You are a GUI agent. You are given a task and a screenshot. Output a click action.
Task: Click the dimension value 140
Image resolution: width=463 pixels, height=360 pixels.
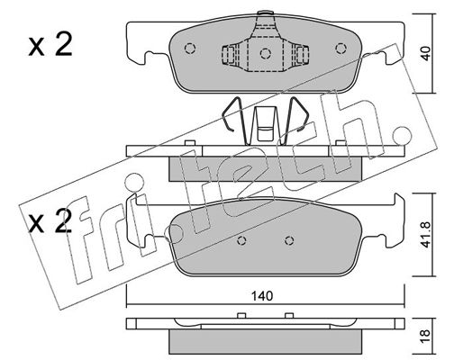tap(262, 296)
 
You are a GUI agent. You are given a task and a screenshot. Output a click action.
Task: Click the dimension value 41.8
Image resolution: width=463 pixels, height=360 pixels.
tap(426, 235)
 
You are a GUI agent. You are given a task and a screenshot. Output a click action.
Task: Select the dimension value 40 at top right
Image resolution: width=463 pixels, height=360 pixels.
tap(426, 53)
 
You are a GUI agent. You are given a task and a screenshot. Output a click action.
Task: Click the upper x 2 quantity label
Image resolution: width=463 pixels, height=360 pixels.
tap(50, 45)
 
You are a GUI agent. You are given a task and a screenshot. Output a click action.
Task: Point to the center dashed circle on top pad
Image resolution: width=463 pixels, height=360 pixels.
tap(266, 53)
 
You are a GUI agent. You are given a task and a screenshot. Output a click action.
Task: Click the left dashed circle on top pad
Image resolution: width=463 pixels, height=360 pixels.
tap(190, 49)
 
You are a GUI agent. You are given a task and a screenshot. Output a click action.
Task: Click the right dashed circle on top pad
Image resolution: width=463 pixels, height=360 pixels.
tap(340, 49)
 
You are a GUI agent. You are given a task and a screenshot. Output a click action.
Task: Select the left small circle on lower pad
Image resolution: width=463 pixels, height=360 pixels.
tap(241, 240)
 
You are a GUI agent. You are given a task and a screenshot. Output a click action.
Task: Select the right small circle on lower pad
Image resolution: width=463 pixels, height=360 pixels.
tap(289, 240)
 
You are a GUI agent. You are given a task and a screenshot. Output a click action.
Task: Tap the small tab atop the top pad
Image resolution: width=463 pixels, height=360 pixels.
tap(266, 13)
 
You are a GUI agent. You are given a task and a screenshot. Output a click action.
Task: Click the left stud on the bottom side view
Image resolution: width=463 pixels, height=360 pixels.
tap(241, 315)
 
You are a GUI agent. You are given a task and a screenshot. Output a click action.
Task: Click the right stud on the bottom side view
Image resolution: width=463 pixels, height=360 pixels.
tap(289, 315)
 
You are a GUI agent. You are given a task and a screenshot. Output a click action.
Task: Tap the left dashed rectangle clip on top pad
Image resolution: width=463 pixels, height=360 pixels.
tap(229, 55)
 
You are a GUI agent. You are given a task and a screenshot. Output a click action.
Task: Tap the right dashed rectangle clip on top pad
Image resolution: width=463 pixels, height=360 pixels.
tap(302, 55)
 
